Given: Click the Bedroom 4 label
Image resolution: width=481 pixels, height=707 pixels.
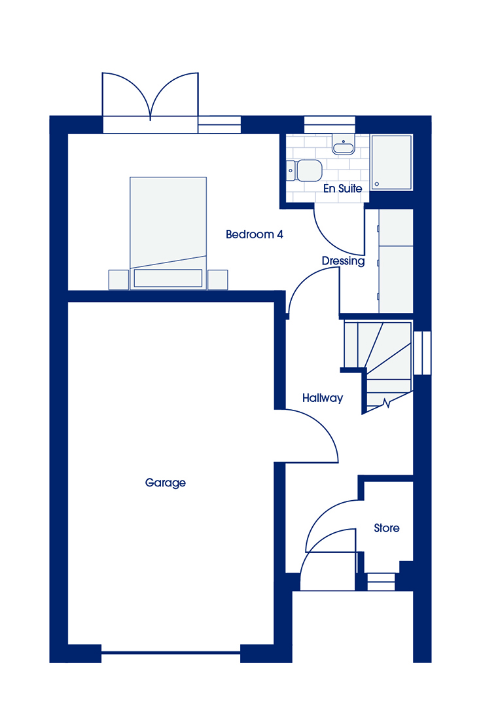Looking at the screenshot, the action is (x=255, y=234).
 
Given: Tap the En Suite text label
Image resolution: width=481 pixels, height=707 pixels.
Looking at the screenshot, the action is (x=343, y=189).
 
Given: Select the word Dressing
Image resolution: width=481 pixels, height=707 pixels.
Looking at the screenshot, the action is (x=343, y=261).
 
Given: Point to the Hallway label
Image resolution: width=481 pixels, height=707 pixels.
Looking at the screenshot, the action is (x=323, y=398).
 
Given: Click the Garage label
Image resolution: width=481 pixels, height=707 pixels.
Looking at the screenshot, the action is (x=166, y=483).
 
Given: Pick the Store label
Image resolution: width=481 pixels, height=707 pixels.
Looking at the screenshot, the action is (x=387, y=528).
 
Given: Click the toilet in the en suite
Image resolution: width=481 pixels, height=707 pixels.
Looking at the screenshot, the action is (x=304, y=170).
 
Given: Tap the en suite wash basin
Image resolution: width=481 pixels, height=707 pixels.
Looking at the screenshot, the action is (x=344, y=144).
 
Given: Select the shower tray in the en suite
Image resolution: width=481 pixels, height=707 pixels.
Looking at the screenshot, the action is (x=391, y=162).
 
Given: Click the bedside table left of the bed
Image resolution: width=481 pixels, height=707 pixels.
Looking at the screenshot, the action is (x=119, y=280).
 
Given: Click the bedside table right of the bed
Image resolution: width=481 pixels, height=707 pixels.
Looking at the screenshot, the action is (x=218, y=280).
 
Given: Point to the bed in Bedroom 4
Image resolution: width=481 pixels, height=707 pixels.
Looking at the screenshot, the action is (x=168, y=233).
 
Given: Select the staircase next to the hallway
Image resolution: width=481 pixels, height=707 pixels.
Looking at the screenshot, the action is (x=378, y=365).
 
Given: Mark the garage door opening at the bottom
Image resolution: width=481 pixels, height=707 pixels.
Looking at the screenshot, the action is (x=171, y=652).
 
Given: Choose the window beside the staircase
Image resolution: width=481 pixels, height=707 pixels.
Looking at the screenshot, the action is (x=422, y=353).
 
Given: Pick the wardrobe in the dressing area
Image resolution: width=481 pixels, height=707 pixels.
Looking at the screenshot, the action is (x=396, y=261).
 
